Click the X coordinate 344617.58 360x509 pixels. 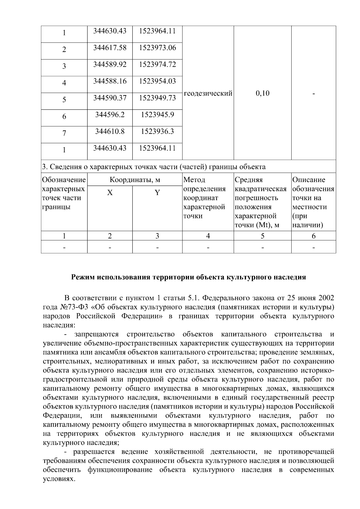(x=110, y=48)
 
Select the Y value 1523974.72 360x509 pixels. (x=157, y=64)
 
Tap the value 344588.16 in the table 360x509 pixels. (x=110, y=81)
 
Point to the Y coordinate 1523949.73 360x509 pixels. (x=157, y=98)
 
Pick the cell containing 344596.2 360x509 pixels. (x=110, y=115)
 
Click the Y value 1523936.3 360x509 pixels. (x=157, y=131)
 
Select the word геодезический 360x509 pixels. (x=208, y=93)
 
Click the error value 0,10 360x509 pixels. (x=262, y=93)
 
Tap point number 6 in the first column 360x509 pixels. (x=64, y=117)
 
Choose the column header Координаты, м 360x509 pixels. (x=135, y=180)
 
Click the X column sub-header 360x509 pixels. (x=110, y=193)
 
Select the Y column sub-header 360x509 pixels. (x=157, y=193)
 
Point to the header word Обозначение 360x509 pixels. (x=64, y=180)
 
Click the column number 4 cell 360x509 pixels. (x=208, y=236)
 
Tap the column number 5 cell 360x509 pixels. (x=262, y=236)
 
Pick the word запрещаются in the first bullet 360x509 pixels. (x=97, y=334)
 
